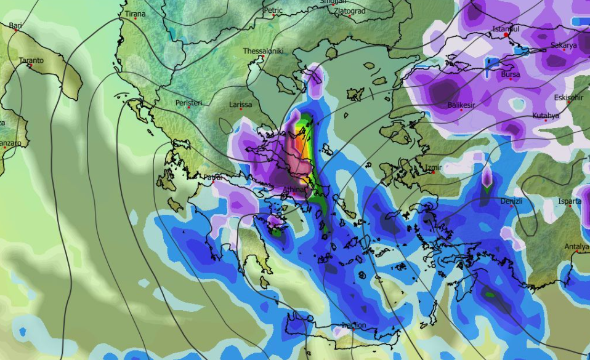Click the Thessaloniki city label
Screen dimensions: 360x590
click(263, 51)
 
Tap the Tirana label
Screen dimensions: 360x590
click(135, 14)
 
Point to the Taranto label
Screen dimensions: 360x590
click(31, 60)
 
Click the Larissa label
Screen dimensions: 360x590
click(240, 105)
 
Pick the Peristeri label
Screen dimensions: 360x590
click(188, 103)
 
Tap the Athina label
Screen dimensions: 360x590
click(294, 190)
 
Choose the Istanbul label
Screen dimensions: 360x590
click(506, 29)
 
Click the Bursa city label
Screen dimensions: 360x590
click(511, 74)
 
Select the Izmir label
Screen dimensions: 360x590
click(435, 167)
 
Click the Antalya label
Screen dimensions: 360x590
click(577, 247)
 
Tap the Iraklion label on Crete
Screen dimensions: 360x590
click(354, 325)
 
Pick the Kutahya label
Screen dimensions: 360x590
click(546, 116)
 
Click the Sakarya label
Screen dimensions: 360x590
click(564, 45)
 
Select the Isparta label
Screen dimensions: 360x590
click(570, 201)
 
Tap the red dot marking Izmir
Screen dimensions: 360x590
click(434, 172)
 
